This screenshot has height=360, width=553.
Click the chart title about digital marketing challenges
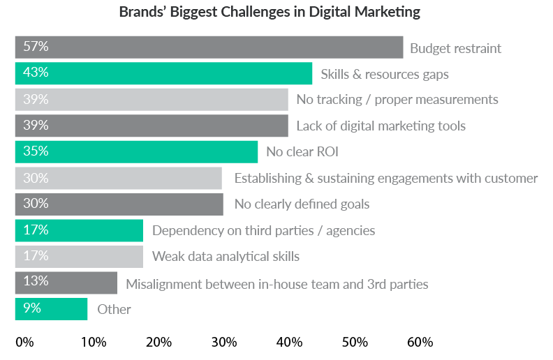[270, 12]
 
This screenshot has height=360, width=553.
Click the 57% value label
[35, 47]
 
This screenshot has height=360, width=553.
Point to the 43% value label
[35, 73]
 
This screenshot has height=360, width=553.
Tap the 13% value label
[35, 282]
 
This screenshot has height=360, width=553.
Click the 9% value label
[32, 308]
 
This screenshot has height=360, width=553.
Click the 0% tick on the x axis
[24, 343]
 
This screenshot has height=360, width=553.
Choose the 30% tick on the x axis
[224, 343]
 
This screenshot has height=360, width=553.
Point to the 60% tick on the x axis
[420, 343]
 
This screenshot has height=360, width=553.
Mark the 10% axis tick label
[94, 343]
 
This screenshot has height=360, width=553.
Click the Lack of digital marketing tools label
[381, 126]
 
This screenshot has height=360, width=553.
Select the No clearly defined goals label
[302, 204]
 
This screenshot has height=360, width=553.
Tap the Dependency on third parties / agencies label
[263, 230]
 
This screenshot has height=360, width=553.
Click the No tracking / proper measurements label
[397, 99]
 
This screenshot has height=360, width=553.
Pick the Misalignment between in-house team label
[276, 283]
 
